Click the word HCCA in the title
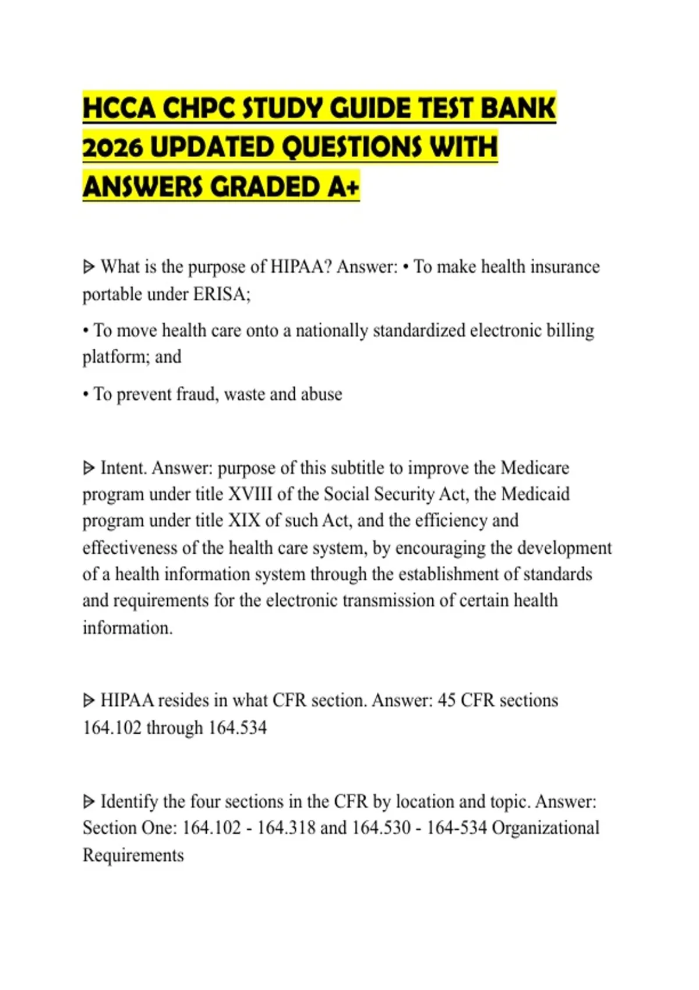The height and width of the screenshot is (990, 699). pyautogui.click(x=119, y=108)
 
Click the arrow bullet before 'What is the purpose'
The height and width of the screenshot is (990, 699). pyautogui.click(x=89, y=267)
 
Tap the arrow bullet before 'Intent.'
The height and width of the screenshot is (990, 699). pyautogui.click(x=89, y=468)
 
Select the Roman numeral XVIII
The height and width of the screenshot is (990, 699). pyautogui.click(x=250, y=494)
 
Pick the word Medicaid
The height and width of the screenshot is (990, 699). pyautogui.click(x=535, y=494)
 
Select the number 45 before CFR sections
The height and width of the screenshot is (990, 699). pyautogui.click(x=446, y=700)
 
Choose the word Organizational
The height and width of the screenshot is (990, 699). pyautogui.click(x=545, y=828)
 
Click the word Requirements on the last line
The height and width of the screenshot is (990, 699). pyautogui.click(x=133, y=855)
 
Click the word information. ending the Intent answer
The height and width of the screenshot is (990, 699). pyautogui.click(x=128, y=628)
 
